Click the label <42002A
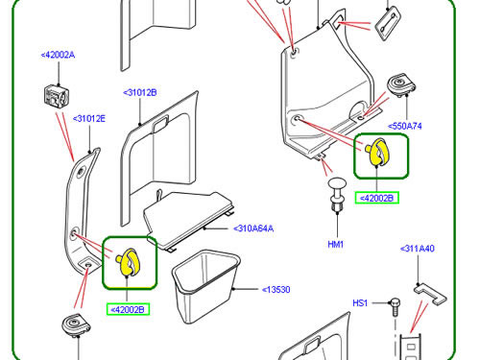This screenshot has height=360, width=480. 58,55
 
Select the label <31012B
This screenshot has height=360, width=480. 140,93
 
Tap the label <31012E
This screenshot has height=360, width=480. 89,119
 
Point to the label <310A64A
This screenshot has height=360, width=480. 253,228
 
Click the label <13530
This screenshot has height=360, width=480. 276,290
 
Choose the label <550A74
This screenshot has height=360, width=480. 405,126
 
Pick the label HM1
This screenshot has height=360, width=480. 336,245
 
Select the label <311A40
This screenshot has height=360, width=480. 418,249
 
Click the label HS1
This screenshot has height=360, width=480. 360,303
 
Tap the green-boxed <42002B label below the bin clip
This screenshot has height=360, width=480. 128,309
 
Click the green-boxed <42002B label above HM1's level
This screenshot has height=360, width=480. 376,198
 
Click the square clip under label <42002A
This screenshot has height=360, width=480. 57,95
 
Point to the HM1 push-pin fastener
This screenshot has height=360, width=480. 337,194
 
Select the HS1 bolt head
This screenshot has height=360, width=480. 395,302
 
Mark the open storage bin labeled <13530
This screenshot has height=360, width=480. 205,286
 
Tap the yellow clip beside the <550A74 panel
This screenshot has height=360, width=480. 377,152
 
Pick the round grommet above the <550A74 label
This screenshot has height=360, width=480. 401,84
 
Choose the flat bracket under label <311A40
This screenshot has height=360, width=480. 430,294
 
